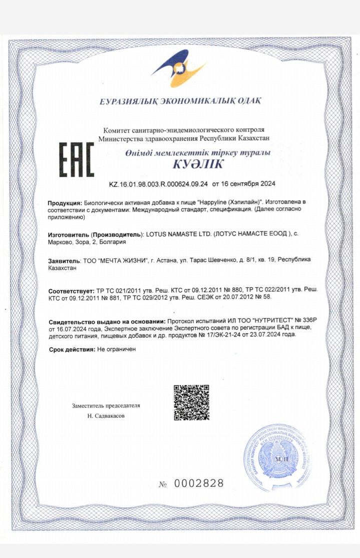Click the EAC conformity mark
[77, 160]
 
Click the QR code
[191, 402]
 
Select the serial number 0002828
[198, 483]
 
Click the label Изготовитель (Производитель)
[95, 234]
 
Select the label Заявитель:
[64, 260]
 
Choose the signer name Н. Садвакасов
[106, 416]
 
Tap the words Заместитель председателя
[106, 405]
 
